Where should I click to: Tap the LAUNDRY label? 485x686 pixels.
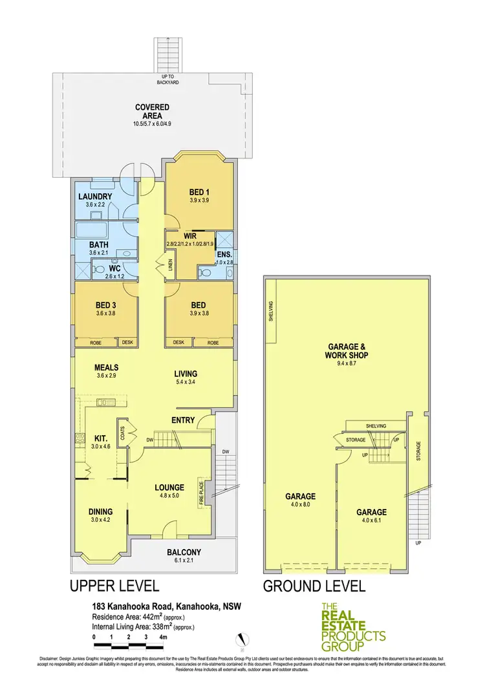pyautogui.click(x=95, y=197)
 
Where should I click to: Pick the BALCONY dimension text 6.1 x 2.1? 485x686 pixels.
pyautogui.click(x=184, y=561)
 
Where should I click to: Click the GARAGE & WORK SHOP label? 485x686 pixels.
pyautogui.click(x=347, y=350)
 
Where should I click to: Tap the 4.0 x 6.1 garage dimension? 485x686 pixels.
pyautogui.click(x=371, y=520)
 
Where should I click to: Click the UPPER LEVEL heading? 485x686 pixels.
pyautogui.click(x=114, y=586)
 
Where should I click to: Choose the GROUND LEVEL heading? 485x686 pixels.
pyautogui.click(x=314, y=586)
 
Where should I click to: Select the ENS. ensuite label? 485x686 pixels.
pyautogui.click(x=224, y=255)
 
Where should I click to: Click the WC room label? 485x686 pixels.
pyautogui.click(x=115, y=267)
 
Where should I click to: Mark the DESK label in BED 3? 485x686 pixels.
pyautogui.click(x=127, y=341)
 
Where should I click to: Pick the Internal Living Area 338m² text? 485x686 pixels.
pyautogui.click(x=144, y=627)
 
